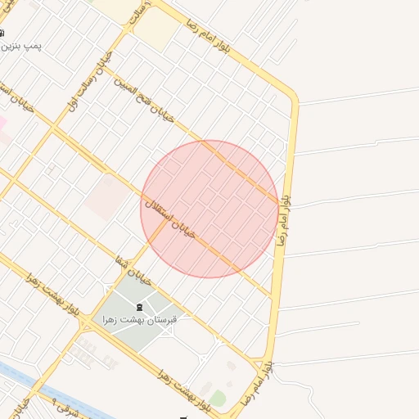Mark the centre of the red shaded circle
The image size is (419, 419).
(x=209, y=209)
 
